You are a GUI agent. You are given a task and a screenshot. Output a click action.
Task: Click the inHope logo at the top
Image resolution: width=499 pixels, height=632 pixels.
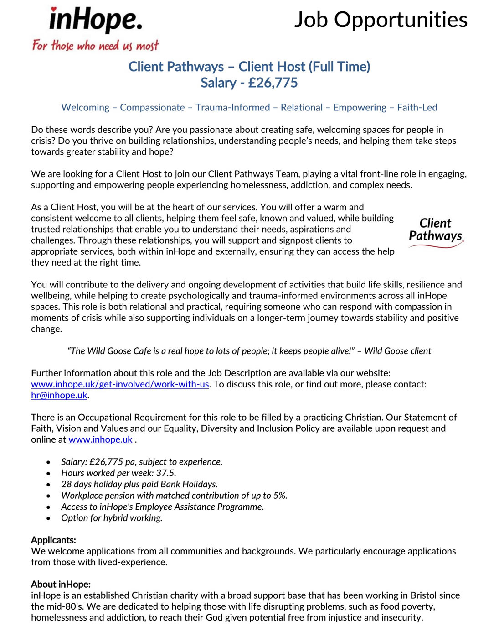pyautogui.click(x=95, y=21)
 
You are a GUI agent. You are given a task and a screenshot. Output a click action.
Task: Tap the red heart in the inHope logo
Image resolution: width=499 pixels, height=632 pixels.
pyautogui.click(x=54, y=9)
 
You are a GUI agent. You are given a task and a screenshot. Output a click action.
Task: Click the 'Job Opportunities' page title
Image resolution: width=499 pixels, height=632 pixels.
pyautogui.click(x=381, y=20)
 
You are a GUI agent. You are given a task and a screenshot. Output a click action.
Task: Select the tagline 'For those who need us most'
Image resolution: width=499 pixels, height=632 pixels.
pyautogui.click(x=95, y=46)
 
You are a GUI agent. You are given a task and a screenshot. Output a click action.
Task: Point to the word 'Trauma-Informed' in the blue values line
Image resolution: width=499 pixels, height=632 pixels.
pyautogui.click(x=232, y=108)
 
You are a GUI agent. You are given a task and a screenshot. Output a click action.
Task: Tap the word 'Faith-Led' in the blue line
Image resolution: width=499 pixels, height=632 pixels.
pyautogui.click(x=417, y=108)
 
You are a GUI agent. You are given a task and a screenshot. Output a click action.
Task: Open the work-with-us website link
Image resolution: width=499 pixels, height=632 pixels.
pyautogui.click(x=120, y=384)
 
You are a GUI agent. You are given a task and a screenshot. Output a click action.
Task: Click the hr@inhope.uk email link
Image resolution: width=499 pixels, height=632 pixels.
pyautogui.click(x=59, y=395)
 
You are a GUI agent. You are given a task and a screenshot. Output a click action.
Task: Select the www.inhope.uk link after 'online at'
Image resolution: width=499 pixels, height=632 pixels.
pyautogui.click(x=100, y=439)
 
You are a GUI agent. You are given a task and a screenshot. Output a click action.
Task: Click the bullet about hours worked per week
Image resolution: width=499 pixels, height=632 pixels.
pyautogui.click(x=118, y=473)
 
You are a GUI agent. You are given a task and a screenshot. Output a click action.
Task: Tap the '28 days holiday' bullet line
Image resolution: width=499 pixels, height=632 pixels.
pyautogui.click(x=139, y=484)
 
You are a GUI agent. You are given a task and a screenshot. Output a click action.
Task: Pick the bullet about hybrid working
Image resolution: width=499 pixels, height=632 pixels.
pyautogui.click(x=112, y=518)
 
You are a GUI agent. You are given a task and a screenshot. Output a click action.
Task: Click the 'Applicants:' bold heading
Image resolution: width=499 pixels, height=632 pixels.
pyautogui.click(x=53, y=540)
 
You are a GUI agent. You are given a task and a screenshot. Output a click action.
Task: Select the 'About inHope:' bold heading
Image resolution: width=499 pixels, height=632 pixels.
pyautogui.click(x=61, y=585)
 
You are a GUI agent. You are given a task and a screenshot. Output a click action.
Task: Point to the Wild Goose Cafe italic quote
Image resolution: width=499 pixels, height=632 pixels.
pyautogui.click(x=249, y=351)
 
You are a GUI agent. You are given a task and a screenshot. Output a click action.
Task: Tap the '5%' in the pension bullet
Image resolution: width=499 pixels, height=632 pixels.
pyautogui.click(x=280, y=496)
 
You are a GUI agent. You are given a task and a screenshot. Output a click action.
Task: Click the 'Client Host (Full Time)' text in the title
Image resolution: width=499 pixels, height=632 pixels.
pyautogui.click(x=304, y=67)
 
